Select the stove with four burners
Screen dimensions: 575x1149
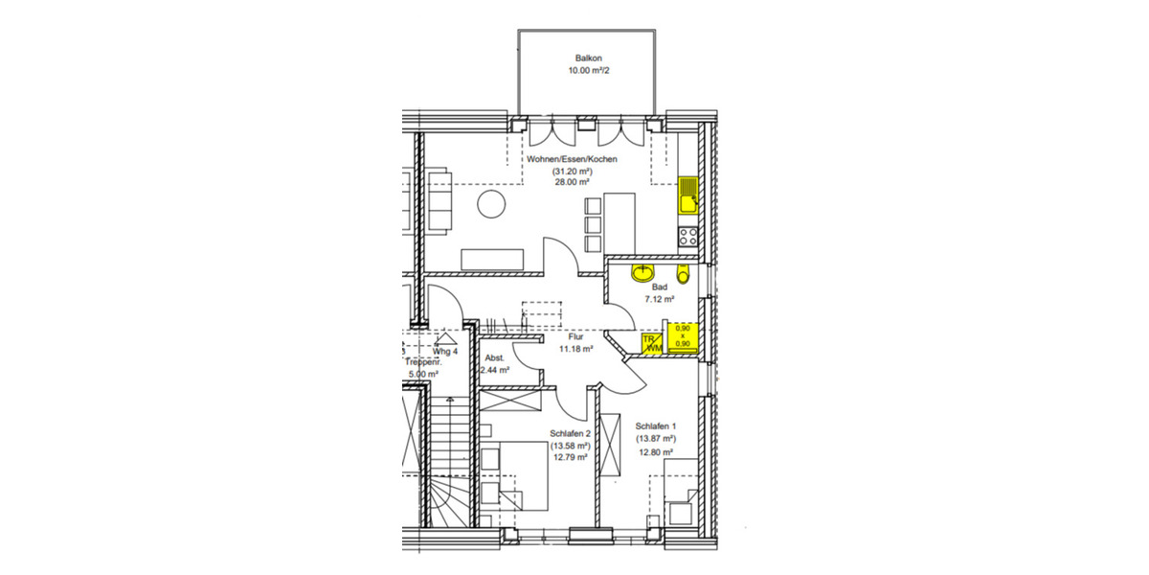coord(687,234)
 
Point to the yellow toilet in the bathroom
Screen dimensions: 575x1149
coord(682,277)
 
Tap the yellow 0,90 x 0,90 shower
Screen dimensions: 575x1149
coord(683,338)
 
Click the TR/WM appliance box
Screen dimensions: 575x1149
coord(652,343)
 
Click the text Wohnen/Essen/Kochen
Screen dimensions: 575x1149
coord(572,159)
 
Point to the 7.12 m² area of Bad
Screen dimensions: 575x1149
coord(660,299)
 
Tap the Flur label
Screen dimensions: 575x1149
coord(575,337)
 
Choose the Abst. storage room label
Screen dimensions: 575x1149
coord(496,356)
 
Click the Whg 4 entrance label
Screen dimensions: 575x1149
coord(445,352)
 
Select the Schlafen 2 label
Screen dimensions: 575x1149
coord(570,432)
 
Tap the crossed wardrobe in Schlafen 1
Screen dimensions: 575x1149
coord(610,446)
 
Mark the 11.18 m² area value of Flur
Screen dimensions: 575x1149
coord(575,350)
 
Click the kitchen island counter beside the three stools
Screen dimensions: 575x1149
coord(620,223)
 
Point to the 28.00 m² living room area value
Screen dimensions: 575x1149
coord(572,182)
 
